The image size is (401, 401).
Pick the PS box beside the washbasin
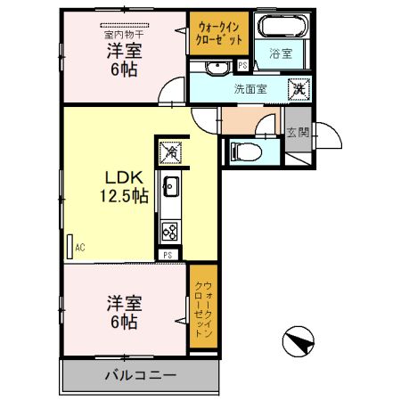[x=242, y=65]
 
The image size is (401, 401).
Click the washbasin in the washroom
[x=214, y=68]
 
